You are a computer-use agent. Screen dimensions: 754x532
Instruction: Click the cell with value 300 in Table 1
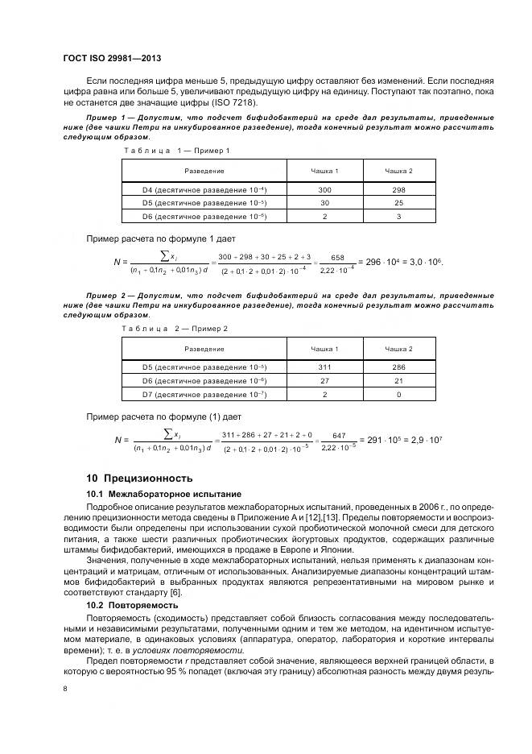coord(324,189)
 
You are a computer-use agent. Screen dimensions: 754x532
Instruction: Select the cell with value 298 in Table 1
coord(398,189)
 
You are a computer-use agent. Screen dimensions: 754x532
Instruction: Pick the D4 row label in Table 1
coord(204,189)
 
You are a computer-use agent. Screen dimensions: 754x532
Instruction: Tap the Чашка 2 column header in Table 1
coord(398,171)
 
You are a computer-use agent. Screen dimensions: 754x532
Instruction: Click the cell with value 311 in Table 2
coord(324,367)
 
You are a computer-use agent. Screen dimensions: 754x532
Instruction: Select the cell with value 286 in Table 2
coord(398,367)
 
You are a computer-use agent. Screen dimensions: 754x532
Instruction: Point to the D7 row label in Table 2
coord(204,394)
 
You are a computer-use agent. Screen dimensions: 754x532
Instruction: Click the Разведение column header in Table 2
coord(204,348)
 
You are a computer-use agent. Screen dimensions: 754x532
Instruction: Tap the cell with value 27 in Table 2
coord(324,380)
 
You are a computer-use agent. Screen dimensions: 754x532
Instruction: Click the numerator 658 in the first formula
coord(337,257)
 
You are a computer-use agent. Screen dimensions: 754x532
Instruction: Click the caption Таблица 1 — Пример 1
coord(176,151)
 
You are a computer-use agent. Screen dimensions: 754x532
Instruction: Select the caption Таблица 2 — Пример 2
coord(175,328)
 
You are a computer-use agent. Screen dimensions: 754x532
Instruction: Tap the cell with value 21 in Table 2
coord(398,380)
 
